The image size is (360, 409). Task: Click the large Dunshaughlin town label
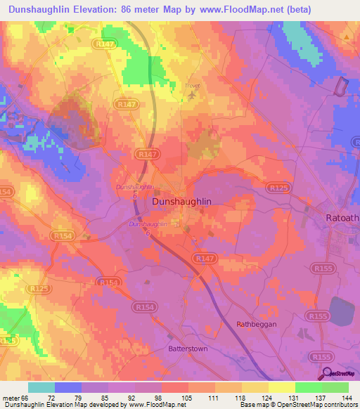[182, 201]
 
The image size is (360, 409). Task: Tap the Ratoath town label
[342, 219]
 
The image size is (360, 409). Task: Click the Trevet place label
[192, 86]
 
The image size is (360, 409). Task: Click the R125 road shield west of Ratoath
[277, 188]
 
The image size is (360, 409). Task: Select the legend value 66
[25, 397]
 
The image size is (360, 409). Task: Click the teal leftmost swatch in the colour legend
[41, 387]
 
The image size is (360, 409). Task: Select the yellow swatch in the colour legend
[281, 387]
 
